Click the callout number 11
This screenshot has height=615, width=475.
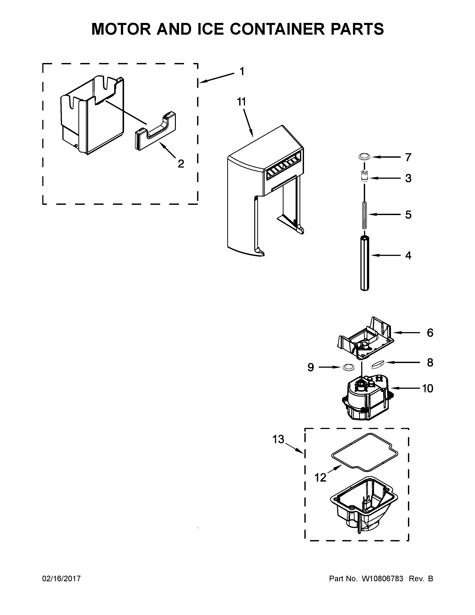click(x=241, y=102)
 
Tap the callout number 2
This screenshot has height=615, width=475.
click(x=181, y=164)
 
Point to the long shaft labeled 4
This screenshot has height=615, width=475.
click(x=364, y=263)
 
